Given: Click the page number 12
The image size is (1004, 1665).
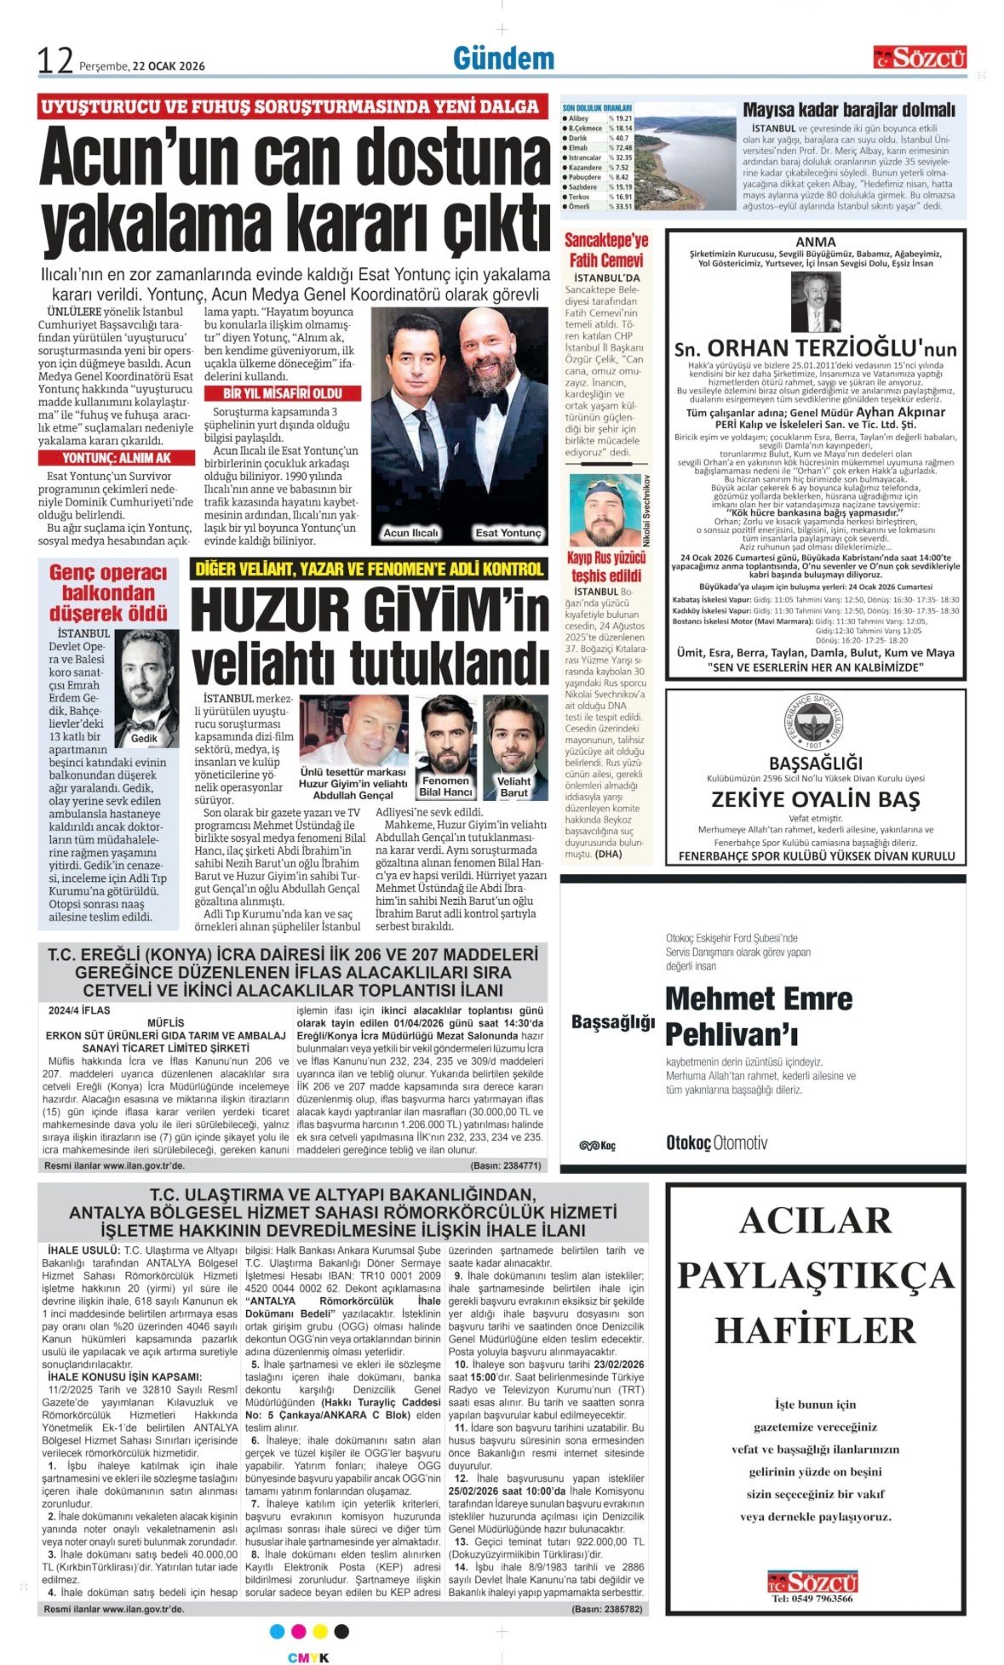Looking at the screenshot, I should (x=55, y=60).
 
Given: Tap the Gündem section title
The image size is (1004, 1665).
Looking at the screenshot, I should (x=503, y=59).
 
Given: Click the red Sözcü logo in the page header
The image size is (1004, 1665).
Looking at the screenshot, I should (x=920, y=58).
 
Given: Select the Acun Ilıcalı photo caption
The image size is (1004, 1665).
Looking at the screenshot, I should (x=410, y=533).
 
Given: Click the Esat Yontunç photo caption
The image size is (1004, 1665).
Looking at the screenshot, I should (x=508, y=533).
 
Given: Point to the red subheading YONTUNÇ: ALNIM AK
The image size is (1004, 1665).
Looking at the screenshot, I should (x=116, y=458).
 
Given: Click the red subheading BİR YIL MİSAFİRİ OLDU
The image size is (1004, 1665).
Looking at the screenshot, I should (x=283, y=393).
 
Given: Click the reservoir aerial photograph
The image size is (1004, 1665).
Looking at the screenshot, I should (x=685, y=157).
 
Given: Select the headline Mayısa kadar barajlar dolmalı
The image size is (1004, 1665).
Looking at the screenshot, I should (x=848, y=110).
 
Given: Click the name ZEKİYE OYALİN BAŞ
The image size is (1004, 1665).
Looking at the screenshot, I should (x=815, y=799).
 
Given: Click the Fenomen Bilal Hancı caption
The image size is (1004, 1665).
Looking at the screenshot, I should (x=445, y=786).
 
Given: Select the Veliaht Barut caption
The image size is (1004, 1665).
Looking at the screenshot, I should (x=513, y=786).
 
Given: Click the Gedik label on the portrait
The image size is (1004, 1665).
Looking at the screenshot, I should (x=144, y=738).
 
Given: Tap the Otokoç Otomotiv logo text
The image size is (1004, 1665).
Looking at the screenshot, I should (x=716, y=1143).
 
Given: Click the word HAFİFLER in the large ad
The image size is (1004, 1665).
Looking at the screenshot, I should (x=815, y=1330).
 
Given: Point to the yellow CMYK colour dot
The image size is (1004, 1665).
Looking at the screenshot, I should (x=320, y=1631).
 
